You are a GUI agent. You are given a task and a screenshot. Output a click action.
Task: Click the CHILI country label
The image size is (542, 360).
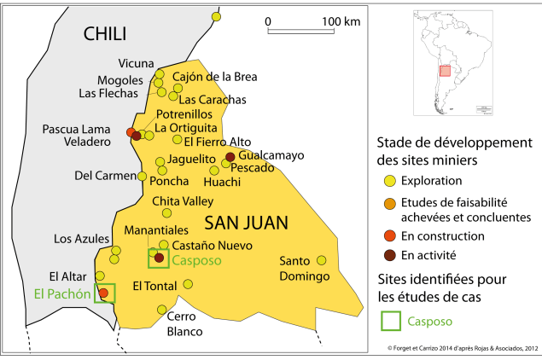105,34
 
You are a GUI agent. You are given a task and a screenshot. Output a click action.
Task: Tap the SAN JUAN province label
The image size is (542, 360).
246,223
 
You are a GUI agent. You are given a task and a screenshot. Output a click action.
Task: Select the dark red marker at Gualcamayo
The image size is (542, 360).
230,157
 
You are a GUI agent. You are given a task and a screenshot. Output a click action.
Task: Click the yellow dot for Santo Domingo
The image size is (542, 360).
322,260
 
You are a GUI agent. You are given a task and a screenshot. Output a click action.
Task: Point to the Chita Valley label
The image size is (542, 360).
182,201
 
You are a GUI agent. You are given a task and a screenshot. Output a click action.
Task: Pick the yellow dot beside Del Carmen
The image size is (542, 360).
143,176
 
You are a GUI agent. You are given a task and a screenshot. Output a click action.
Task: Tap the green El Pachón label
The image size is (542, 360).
61,293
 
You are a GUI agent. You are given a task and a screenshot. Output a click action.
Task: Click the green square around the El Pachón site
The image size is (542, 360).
104,293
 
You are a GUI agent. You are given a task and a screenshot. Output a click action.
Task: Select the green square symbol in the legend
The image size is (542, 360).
390,321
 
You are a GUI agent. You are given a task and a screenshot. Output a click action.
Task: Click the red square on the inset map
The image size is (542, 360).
444,70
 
